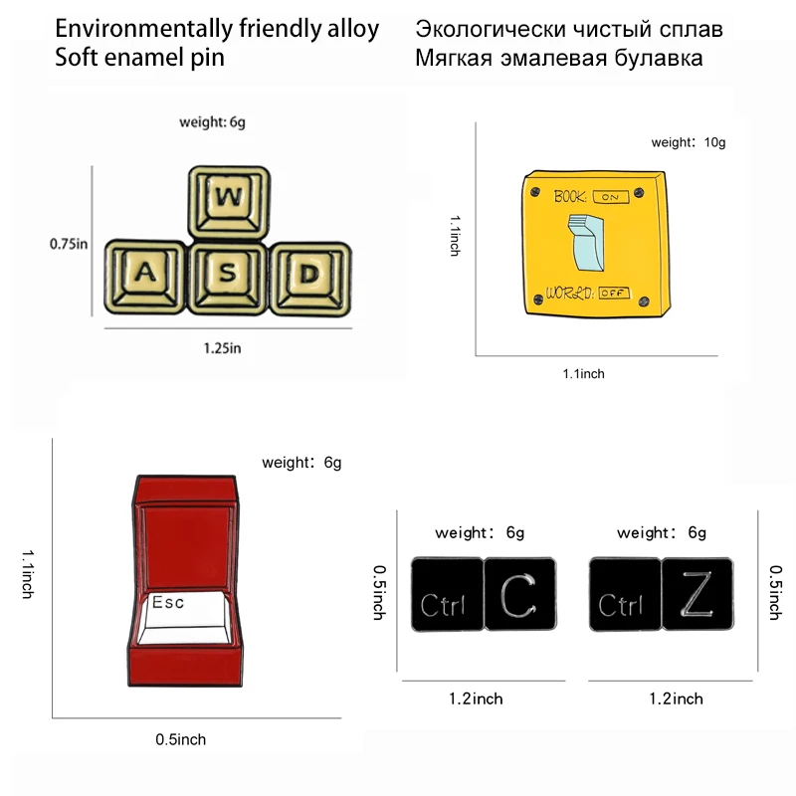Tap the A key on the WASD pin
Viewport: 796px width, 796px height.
[145, 273]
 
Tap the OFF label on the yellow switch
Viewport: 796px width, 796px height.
[615, 293]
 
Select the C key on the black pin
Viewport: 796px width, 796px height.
[519, 593]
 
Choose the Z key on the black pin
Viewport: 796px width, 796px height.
[697, 593]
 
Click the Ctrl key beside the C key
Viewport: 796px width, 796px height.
[446, 594]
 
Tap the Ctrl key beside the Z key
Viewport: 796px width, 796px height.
[624, 594]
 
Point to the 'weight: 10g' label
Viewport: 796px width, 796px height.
[689, 142]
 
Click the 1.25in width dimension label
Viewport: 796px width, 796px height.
[223, 348]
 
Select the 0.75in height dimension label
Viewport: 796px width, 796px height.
[70, 243]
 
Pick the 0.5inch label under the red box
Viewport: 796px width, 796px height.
[181, 739]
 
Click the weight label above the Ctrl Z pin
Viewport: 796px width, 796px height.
[662, 533]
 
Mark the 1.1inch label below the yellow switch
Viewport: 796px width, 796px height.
[583, 374]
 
